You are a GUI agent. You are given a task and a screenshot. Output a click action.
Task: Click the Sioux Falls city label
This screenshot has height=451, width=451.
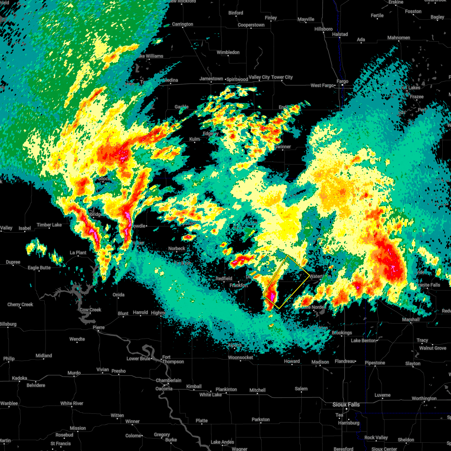346,404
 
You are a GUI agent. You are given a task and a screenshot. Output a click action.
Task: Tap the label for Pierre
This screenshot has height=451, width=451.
98,327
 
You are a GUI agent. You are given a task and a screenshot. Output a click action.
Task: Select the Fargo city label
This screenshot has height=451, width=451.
342,81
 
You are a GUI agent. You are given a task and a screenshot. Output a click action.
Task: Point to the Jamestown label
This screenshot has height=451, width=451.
211,79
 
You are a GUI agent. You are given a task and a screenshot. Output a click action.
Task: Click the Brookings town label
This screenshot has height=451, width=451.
342,333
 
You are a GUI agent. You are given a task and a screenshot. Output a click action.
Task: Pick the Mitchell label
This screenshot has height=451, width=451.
257,390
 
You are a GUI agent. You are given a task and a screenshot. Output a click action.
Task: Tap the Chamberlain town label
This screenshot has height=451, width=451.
169,380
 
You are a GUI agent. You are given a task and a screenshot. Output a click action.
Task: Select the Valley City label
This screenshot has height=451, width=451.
259,77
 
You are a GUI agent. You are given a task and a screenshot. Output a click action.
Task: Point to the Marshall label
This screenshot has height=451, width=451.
411,319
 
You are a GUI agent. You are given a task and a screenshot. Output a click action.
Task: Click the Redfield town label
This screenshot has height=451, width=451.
224,278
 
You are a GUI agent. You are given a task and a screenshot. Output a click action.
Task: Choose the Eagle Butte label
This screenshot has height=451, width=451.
39,268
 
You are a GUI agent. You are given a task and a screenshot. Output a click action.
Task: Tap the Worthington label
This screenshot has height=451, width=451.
424,398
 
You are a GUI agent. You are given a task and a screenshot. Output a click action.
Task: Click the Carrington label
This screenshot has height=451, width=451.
182,24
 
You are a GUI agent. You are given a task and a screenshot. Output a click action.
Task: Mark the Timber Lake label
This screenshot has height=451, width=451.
49,225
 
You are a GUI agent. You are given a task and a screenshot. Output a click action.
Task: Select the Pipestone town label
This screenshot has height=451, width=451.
375,363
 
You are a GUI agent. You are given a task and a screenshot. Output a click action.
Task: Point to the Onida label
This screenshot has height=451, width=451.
118,295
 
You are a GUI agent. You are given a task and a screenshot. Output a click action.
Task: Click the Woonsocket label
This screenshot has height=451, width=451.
241,357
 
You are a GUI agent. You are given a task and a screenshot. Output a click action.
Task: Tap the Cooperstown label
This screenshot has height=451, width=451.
251,25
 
